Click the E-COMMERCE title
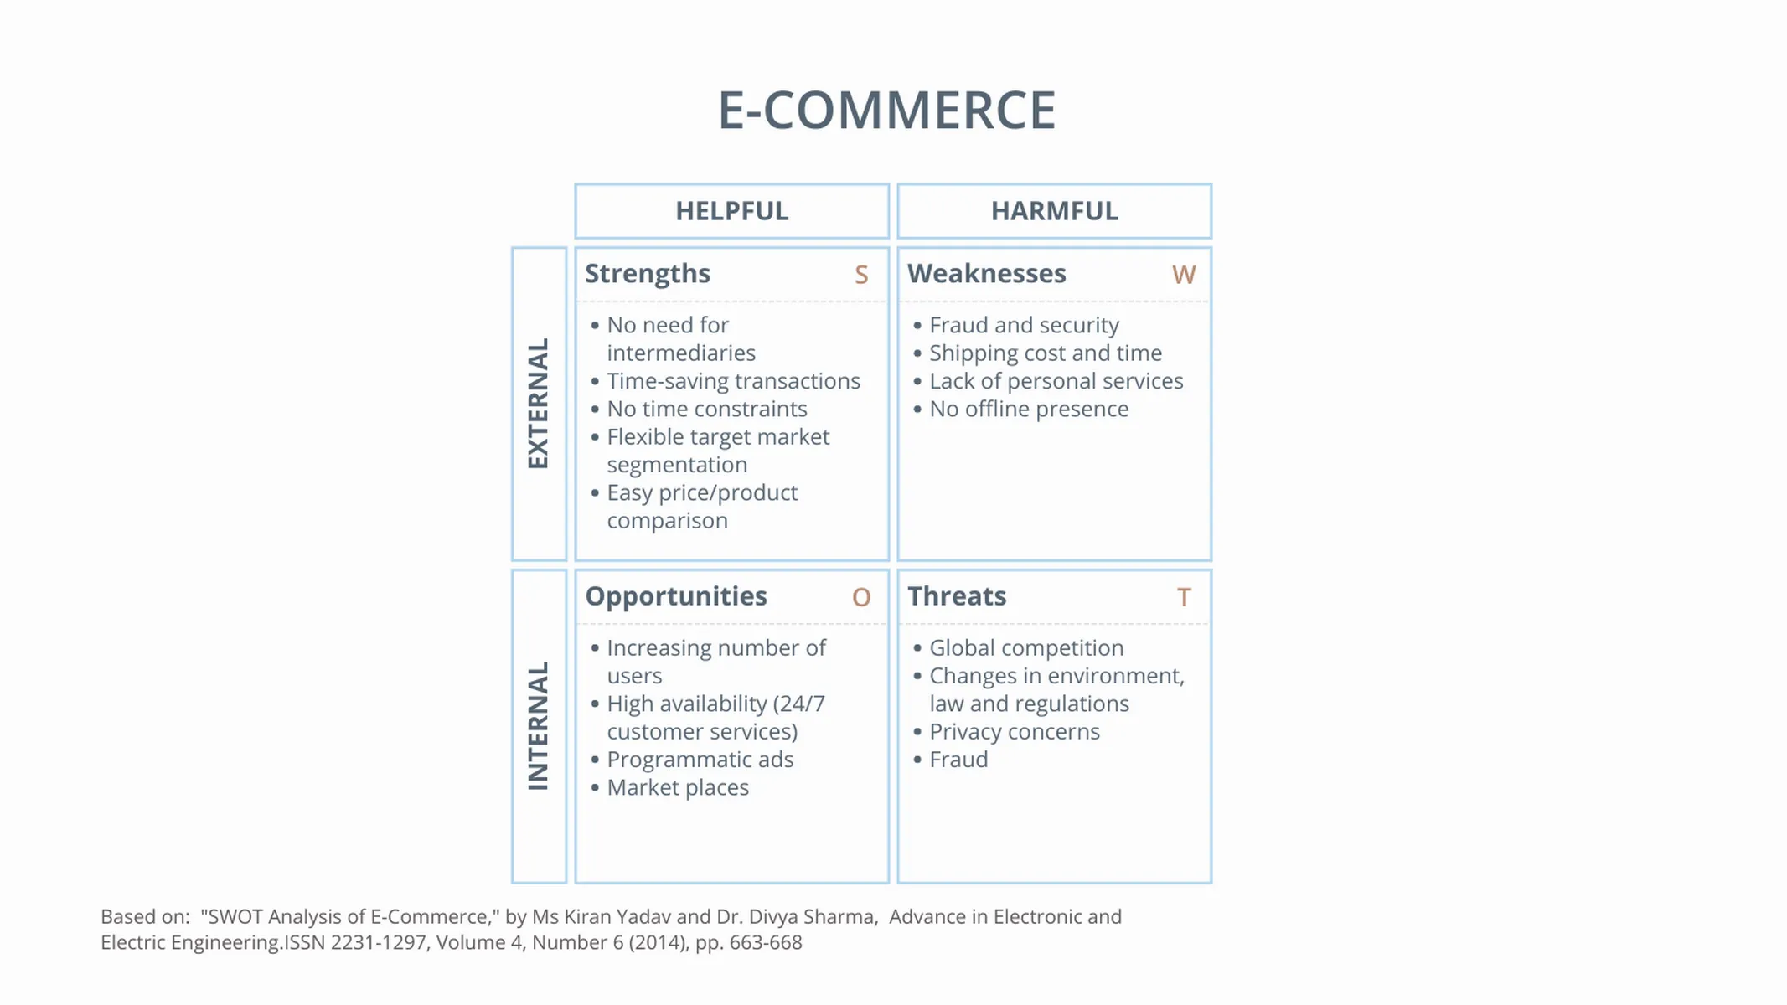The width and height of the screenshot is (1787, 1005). (x=886, y=111)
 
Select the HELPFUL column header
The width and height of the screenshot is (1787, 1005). (x=731, y=211)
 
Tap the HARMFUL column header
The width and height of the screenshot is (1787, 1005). (x=1054, y=211)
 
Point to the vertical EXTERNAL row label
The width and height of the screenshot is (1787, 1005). (x=538, y=404)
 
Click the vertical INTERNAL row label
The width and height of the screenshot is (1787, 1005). (x=538, y=726)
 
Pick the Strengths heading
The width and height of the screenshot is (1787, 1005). (x=648, y=274)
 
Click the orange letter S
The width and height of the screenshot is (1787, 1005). (x=861, y=275)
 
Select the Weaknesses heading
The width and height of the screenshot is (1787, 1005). (x=986, y=274)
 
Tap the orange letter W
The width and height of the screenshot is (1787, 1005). (x=1184, y=275)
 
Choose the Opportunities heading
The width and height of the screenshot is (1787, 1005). (x=675, y=596)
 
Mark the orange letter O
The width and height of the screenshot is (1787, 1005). (x=861, y=597)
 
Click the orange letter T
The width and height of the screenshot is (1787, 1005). (x=1184, y=597)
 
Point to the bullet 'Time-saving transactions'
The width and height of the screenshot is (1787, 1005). (x=733, y=381)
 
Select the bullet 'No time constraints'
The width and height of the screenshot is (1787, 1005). (x=706, y=409)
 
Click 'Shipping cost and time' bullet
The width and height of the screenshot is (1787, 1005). (x=1045, y=353)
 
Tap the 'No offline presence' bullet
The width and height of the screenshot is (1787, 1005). (x=1029, y=409)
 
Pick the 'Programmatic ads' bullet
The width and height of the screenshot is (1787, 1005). (x=700, y=760)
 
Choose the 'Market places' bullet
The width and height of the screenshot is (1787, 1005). (x=678, y=787)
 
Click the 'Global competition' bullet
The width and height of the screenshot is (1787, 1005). (x=1026, y=648)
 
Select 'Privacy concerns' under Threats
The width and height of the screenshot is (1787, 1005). (x=1014, y=732)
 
